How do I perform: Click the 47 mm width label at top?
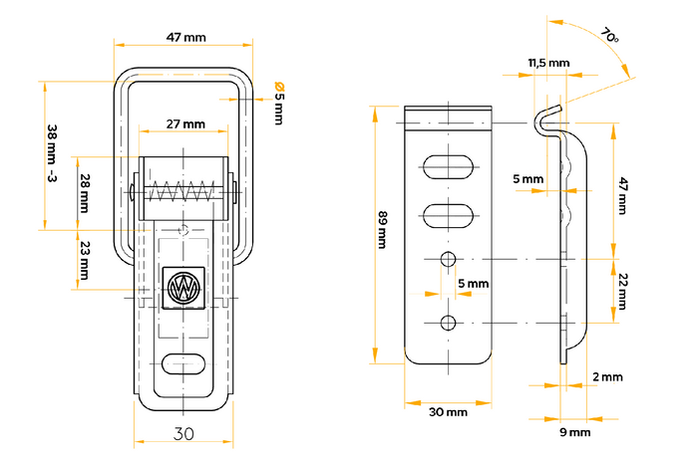pos(181,38)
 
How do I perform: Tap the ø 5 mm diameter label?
pos(278,102)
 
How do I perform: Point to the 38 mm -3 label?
pos(52,154)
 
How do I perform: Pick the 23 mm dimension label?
pos(85,262)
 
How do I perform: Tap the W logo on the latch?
pos(183,288)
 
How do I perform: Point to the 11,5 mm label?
pos(548,63)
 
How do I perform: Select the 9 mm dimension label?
pos(573,432)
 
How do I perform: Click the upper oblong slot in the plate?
pos(449,166)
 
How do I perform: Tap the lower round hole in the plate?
pos(449,322)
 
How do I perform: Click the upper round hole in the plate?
pos(449,260)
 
